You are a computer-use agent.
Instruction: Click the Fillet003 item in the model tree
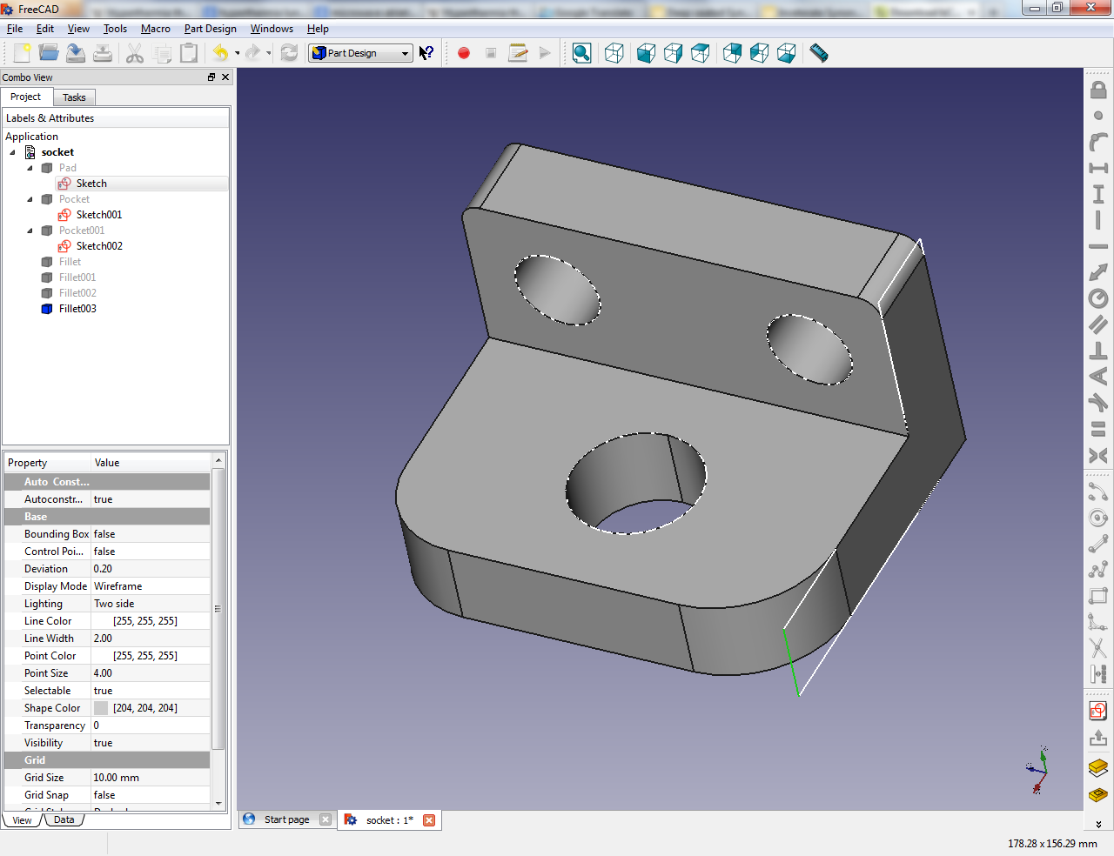click(x=77, y=309)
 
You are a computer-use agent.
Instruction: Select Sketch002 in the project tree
click(x=98, y=246)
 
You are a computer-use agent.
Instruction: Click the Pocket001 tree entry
click(x=81, y=231)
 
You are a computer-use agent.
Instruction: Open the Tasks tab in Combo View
click(x=74, y=97)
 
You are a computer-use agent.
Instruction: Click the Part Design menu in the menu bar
click(x=210, y=29)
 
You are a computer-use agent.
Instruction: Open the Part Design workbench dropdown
click(x=360, y=53)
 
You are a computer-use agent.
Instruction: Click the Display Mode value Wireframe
click(x=118, y=586)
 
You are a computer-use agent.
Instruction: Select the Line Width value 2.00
click(x=104, y=639)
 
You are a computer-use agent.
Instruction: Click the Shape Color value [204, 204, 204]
click(x=144, y=708)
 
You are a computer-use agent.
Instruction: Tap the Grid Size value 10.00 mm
click(x=117, y=778)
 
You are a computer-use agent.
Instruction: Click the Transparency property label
click(x=54, y=726)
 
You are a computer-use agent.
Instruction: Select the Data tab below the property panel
click(x=64, y=819)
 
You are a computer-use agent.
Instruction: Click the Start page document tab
click(x=286, y=819)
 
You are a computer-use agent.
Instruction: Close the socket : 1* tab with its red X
click(x=429, y=819)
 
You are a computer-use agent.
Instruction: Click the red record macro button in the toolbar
click(x=464, y=53)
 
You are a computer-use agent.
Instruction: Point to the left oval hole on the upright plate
click(x=557, y=290)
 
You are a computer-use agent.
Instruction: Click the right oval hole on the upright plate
click(x=809, y=349)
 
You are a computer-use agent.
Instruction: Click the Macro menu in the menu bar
click(x=156, y=29)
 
